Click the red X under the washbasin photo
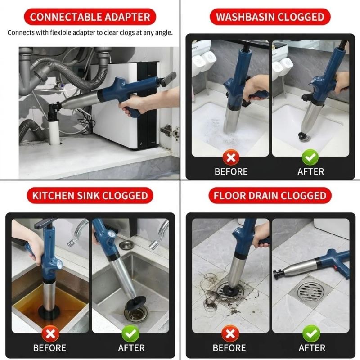tap(231, 157)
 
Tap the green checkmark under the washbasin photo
tap(310, 157)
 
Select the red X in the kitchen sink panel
tap(50, 333)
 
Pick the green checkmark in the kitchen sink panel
tap(130, 333)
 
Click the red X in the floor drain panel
tap(230, 333)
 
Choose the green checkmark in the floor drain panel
tap(311, 333)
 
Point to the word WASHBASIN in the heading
tap(245, 17)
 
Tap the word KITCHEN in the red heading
tap(53, 196)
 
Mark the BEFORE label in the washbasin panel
tap(231, 172)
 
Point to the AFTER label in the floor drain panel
tap(312, 348)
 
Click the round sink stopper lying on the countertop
tap(126, 245)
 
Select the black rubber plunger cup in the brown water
tap(49, 311)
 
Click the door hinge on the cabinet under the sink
tap(170, 131)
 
